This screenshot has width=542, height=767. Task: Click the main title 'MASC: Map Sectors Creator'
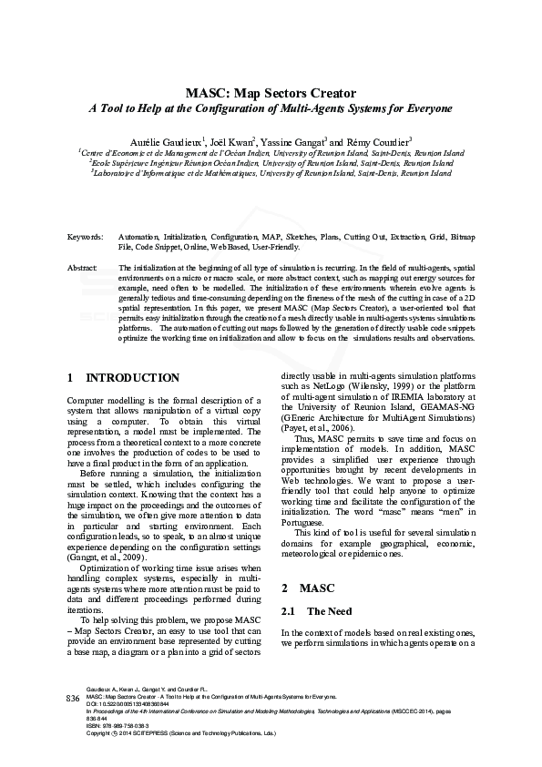pos(271,93)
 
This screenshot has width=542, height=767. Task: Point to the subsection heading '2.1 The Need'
pos(315,586)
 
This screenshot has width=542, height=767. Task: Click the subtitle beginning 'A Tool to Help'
pos(271,108)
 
